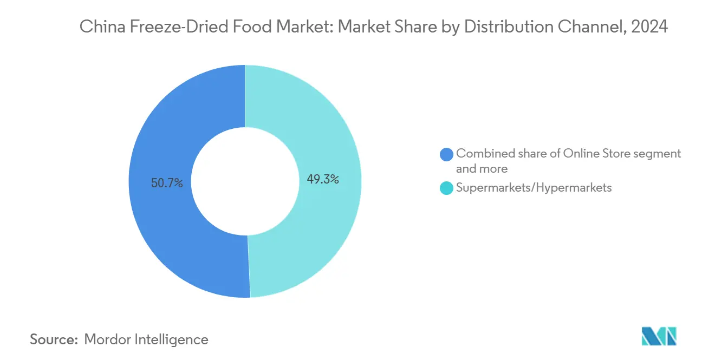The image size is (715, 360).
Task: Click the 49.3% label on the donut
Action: [x=323, y=180]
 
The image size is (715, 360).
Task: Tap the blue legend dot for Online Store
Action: [x=447, y=154]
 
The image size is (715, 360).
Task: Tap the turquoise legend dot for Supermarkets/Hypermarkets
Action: [x=447, y=188]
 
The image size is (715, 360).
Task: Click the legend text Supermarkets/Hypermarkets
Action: [x=534, y=188]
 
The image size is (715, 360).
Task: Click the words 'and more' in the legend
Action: [x=482, y=169]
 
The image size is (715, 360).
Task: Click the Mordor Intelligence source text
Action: [x=146, y=339]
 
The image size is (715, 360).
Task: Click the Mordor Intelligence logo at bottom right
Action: [x=659, y=337]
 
